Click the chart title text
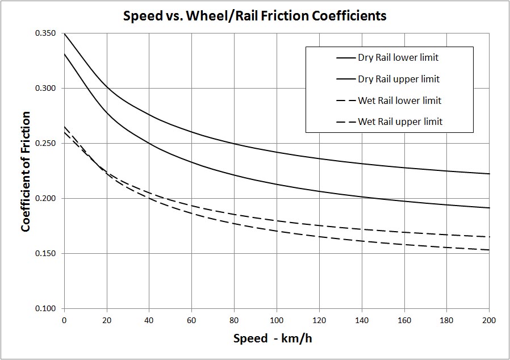pos(255,16)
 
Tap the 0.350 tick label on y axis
pos(45,34)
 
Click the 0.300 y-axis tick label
pos(45,89)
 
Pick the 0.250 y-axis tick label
pos(45,144)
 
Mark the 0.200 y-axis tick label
pos(45,199)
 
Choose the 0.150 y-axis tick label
pos(45,254)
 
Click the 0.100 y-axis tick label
pos(45,309)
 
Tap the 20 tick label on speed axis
pos(107,320)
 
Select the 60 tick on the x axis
pos(191,320)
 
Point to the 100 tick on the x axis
pos(277,320)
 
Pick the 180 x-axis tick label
pos(446,320)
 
